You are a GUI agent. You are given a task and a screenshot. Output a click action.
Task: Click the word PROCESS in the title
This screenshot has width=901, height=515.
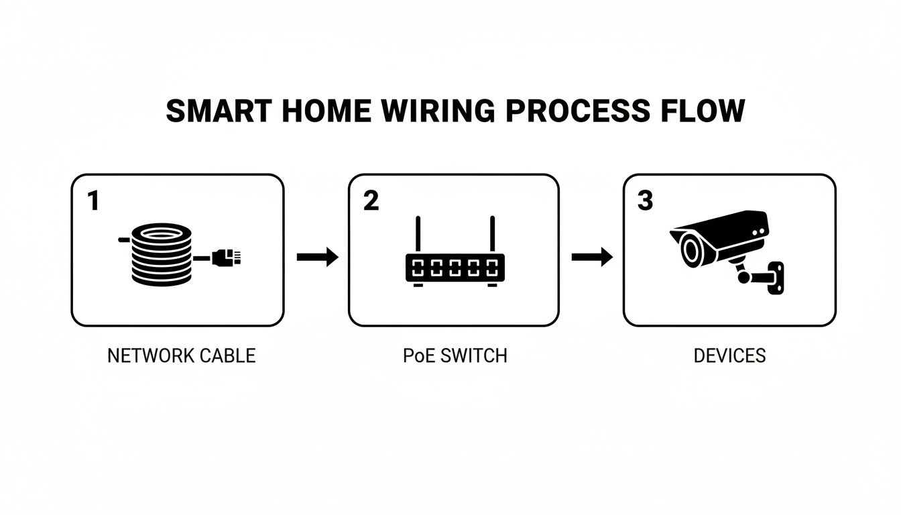577,111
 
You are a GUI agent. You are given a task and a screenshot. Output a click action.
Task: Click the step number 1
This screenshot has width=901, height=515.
93,201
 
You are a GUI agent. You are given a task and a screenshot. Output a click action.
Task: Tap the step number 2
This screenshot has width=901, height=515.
371,201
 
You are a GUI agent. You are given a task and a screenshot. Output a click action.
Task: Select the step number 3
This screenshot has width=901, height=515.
645,201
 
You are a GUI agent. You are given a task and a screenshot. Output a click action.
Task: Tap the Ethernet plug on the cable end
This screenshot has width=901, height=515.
226,256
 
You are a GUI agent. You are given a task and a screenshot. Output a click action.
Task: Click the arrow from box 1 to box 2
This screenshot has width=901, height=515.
317,257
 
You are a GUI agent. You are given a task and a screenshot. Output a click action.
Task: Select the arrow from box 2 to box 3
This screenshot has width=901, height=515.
592,257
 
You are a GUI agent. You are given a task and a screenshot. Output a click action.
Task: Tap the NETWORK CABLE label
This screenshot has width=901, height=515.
182,355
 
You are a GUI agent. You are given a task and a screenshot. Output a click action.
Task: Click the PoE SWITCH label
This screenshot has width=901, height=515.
455,355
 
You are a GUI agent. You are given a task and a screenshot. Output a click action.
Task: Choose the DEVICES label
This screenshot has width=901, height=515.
729,355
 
